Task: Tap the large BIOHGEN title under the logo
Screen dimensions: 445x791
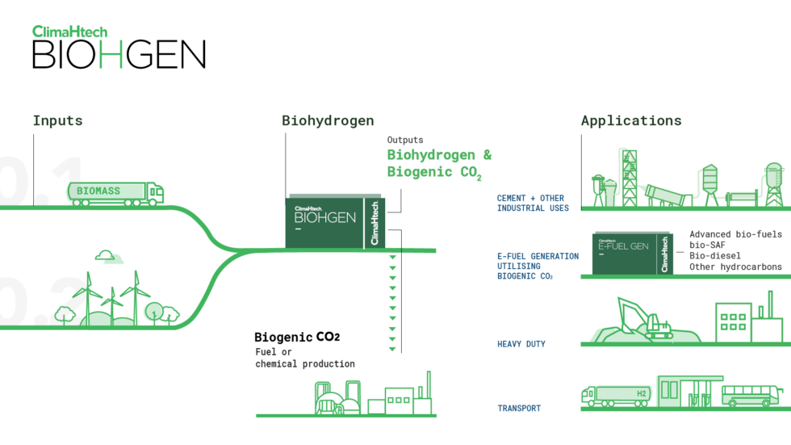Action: point(118,55)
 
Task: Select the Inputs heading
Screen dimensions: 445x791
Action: point(57,121)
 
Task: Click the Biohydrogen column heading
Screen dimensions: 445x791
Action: point(328,121)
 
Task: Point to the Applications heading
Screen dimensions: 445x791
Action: point(630,121)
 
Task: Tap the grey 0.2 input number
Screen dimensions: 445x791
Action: point(40,300)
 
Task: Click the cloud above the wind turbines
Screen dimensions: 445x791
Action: point(109,258)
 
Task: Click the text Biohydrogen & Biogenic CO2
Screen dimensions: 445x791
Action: point(439,163)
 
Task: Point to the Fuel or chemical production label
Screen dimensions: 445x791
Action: point(305,358)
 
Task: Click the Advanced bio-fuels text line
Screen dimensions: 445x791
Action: point(735,234)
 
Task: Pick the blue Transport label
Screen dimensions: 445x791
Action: point(519,408)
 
